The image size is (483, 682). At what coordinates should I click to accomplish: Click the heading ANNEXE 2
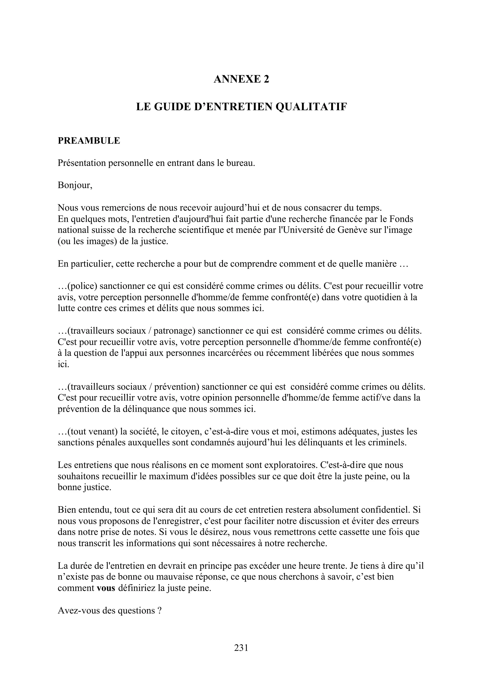(241, 79)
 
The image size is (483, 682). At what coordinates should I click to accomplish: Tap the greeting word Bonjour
(74, 185)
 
